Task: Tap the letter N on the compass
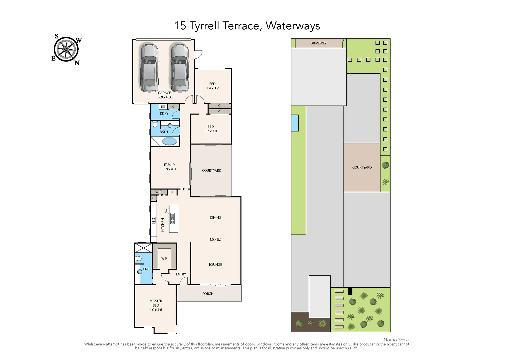tap(77, 63)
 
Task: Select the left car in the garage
tap(149, 68)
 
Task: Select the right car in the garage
tap(180, 68)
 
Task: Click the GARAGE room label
tap(164, 93)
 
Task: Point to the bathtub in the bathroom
tap(170, 141)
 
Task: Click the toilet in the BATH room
tap(155, 124)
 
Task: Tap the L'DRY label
tap(164, 113)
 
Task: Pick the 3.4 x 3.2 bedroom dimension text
tap(212, 88)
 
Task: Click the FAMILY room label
tap(169, 165)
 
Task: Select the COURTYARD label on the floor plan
tap(211, 170)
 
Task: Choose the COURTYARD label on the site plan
tap(362, 167)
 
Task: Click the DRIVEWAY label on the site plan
tap(318, 43)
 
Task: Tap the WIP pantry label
tap(158, 192)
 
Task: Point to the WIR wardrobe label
tap(164, 258)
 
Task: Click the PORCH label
tap(208, 294)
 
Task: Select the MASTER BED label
tap(156, 303)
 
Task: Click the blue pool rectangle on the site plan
tap(295, 123)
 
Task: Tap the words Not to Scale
tap(396, 340)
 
